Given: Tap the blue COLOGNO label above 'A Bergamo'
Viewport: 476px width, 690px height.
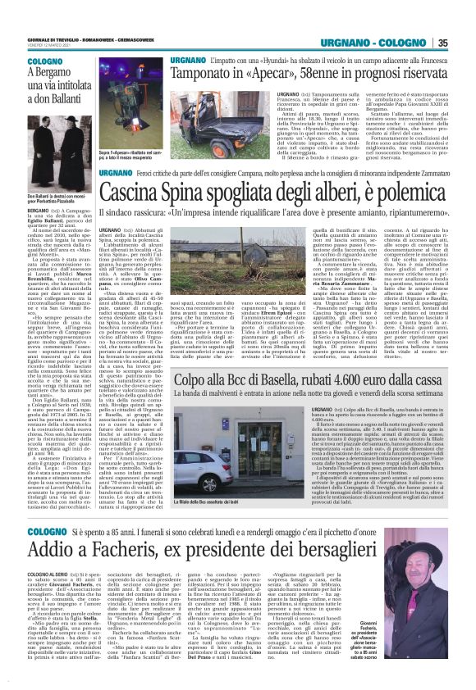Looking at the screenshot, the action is (22, 62).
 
